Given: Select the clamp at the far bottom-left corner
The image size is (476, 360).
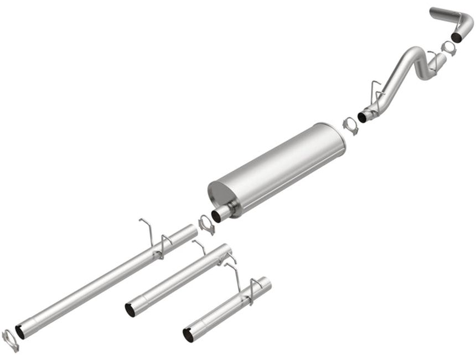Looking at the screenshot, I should [x=10, y=340].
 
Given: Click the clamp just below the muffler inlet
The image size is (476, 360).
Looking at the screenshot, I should [x=206, y=224].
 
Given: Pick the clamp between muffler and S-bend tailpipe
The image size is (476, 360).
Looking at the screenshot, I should [x=350, y=125].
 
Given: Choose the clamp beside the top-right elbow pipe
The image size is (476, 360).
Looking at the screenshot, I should [x=448, y=48].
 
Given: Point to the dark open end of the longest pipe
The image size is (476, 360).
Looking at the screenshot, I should [x=20, y=332].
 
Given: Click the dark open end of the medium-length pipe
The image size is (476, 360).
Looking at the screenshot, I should [x=130, y=310].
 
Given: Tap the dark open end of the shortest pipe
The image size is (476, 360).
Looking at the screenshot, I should [x=189, y=335].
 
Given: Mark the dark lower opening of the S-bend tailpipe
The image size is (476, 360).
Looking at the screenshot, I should [x=363, y=117].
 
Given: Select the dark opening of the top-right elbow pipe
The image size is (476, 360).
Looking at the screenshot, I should [x=457, y=37].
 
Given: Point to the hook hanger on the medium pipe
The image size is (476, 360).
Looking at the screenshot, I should [x=199, y=246].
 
